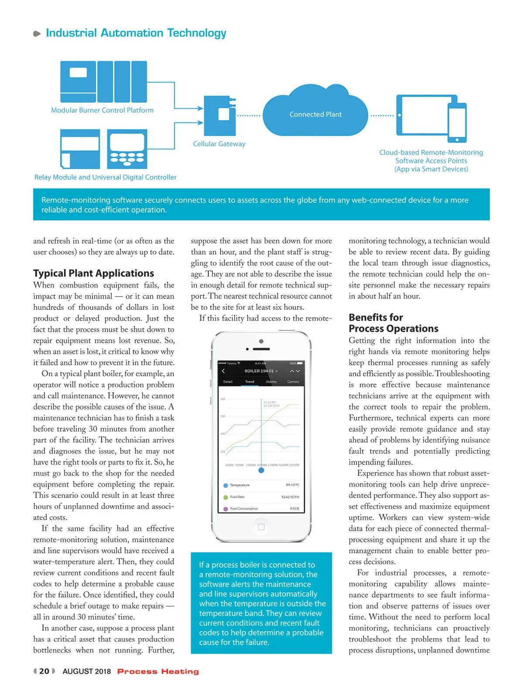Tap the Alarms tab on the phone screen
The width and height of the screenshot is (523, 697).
271,382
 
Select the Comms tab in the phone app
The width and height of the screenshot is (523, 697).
293,382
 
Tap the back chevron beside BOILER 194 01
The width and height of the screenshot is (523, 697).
224,371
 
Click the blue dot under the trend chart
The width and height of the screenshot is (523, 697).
261,470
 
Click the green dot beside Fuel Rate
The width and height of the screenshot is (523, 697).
225,497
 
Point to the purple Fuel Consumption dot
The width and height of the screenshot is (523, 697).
225,509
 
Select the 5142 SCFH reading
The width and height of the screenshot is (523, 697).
290,497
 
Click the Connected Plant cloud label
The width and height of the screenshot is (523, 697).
316,115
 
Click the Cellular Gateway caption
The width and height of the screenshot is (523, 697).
219,144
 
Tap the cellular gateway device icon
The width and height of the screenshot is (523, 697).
223,115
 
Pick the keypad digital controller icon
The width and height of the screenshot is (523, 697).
127,149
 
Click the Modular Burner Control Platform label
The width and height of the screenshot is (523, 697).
102,110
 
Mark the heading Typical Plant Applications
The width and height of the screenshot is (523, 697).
94,273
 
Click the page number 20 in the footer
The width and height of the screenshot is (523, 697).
44,671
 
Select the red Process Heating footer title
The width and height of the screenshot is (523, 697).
158,672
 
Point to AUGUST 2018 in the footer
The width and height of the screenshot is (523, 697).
87,671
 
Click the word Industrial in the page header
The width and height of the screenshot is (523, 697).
71,33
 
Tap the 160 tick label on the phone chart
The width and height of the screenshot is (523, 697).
223,399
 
